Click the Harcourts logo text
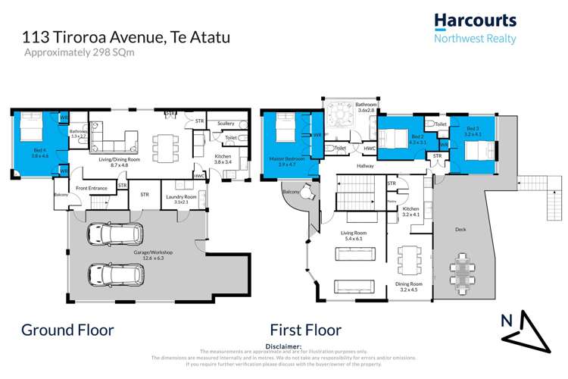pyautogui.click(x=474, y=21)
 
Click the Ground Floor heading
pyautogui.click(x=67, y=330)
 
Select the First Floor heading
pyautogui.click(x=306, y=330)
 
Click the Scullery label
pyautogui.click(x=225, y=124)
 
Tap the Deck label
pyautogui.click(x=460, y=229)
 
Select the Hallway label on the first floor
pyautogui.click(x=367, y=164)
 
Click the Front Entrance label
pyautogui.click(x=90, y=187)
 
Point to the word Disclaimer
pyautogui.click(x=285, y=346)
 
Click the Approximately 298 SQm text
pyautogui.click(x=73, y=52)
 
